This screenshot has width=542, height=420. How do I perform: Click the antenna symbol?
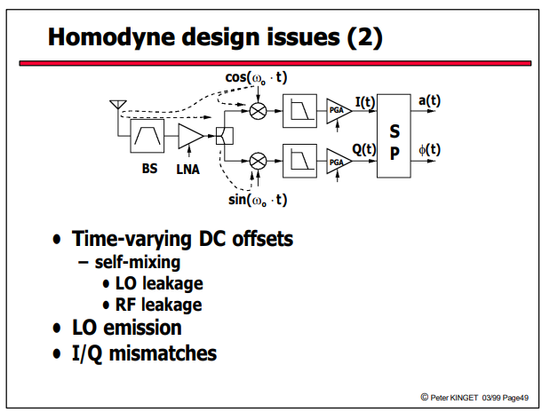tap(118, 105)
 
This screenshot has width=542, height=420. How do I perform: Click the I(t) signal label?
tap(365, 102)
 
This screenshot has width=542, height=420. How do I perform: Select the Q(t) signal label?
tap(364, 149)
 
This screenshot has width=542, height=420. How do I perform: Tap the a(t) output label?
tap(430, 101)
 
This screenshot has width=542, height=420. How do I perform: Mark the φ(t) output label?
tap(430, 150)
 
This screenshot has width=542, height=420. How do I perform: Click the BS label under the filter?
tap(149, 169)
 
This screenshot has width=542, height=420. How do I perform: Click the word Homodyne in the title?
tap(112, 37)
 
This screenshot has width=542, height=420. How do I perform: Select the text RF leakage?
tap(159, 305)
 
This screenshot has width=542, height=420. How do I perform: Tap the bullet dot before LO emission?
tap(57, 328)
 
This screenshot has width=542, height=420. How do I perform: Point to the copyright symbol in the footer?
tap(425, 397)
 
